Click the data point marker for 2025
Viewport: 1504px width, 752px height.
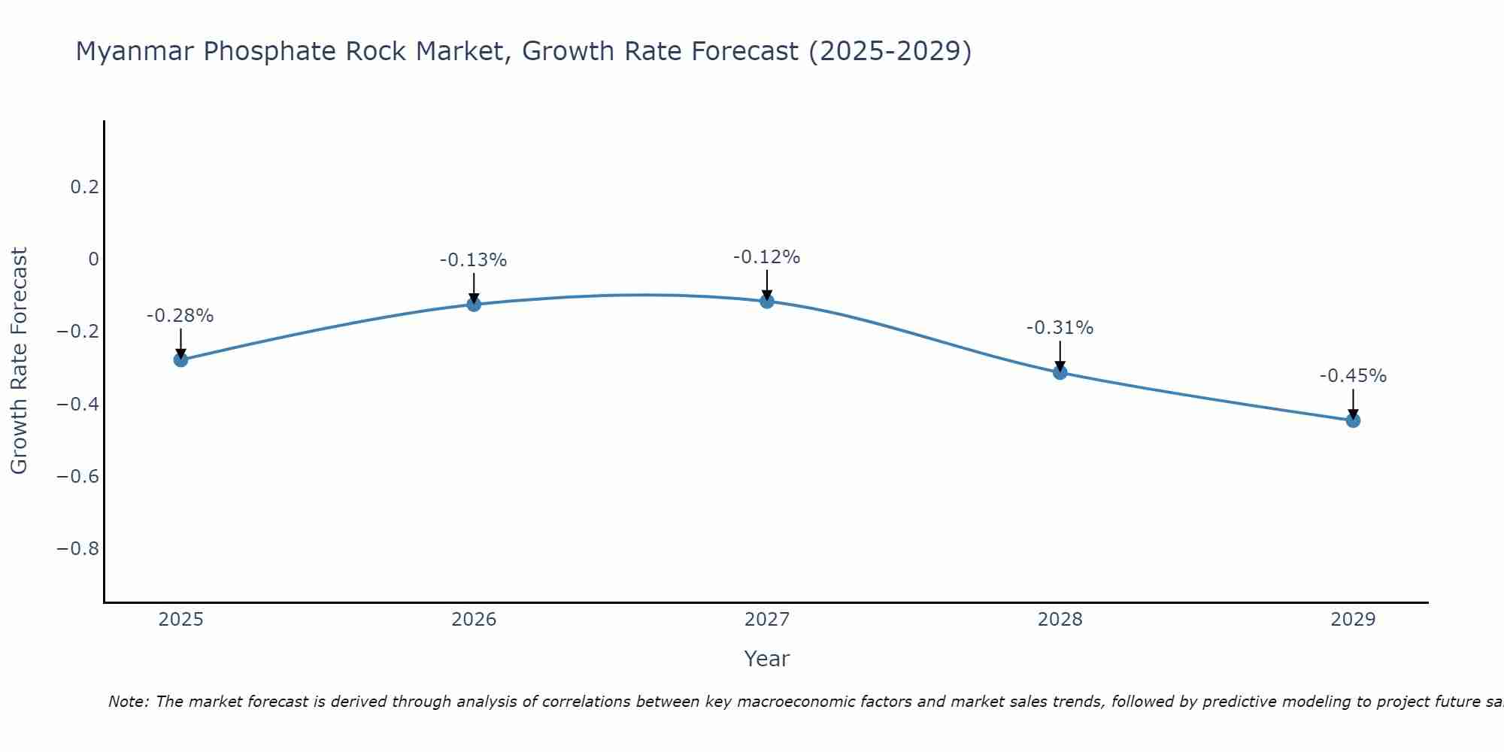click(x=180, y=359)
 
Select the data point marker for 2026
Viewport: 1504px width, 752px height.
click(x=474, y=304)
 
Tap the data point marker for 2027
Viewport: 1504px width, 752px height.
click(x=767, y=301)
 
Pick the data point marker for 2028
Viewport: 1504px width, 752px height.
click(x=1060, y=371)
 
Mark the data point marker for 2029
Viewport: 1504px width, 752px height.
click(x=1353, y=420)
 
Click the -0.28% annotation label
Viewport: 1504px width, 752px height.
click(x=180, y=316)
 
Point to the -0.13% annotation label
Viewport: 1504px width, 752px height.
click(x=474, y=260)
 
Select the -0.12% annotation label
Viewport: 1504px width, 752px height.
click(x=767, y=257)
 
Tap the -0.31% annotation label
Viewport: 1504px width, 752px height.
click(x=1060, y=328)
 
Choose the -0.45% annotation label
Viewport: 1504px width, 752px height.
click(x=1353, y=376)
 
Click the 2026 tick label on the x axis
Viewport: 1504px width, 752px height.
click(x=474, y=620)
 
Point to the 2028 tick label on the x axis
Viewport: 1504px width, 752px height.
click(x=1060, y=620)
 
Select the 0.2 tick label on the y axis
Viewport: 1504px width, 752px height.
click(x=85, y=187)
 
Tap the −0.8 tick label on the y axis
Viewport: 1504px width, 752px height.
click(x=78, y=549)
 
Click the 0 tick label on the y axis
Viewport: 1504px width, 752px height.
click(x=93, y=259)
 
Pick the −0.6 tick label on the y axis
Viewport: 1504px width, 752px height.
click(x=78, y=477)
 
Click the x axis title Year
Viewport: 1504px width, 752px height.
click(x=766, y=660)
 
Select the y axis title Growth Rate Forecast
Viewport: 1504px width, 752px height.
click(x=19, y=361)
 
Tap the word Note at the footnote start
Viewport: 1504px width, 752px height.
click(x=128, y=702)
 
